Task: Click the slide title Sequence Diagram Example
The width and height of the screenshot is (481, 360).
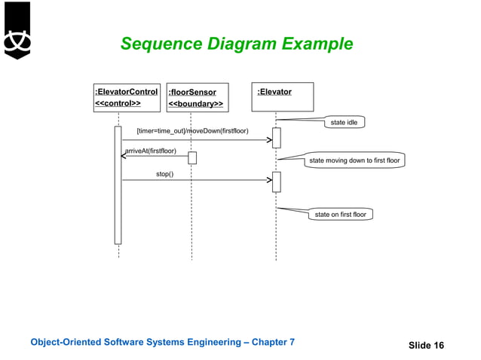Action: (x=236, y=44)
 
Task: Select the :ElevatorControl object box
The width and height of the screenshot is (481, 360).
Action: (x=126, y=97)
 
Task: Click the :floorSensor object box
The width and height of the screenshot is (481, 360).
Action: (x=197, y=98)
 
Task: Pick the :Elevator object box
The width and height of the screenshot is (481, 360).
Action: (x=283, y=97)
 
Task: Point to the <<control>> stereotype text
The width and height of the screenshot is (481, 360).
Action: (x=118, y=103)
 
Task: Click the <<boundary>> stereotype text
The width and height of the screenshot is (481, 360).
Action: (x=195, y=104)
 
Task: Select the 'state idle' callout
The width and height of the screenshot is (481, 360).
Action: (x=344, y=123)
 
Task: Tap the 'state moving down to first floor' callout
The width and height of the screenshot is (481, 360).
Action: (x=354, y=160)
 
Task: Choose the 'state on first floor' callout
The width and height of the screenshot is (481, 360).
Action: (x=340, y=215)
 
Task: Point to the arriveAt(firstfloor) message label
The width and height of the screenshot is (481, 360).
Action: (x=151, y=151)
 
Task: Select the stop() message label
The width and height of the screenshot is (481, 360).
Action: (x=164, y=174)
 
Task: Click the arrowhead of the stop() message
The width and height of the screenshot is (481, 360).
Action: (x=268, y=180)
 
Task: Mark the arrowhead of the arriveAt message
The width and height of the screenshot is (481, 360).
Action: (x=125, y=157)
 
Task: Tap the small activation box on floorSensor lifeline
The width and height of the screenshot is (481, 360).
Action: (x=192, y=157)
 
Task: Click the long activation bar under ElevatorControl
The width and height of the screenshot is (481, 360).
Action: (x=118, y=185)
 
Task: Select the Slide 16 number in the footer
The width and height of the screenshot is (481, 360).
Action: (x=426, y=346)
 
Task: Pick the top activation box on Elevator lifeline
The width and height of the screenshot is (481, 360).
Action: (x=276, y=138)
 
